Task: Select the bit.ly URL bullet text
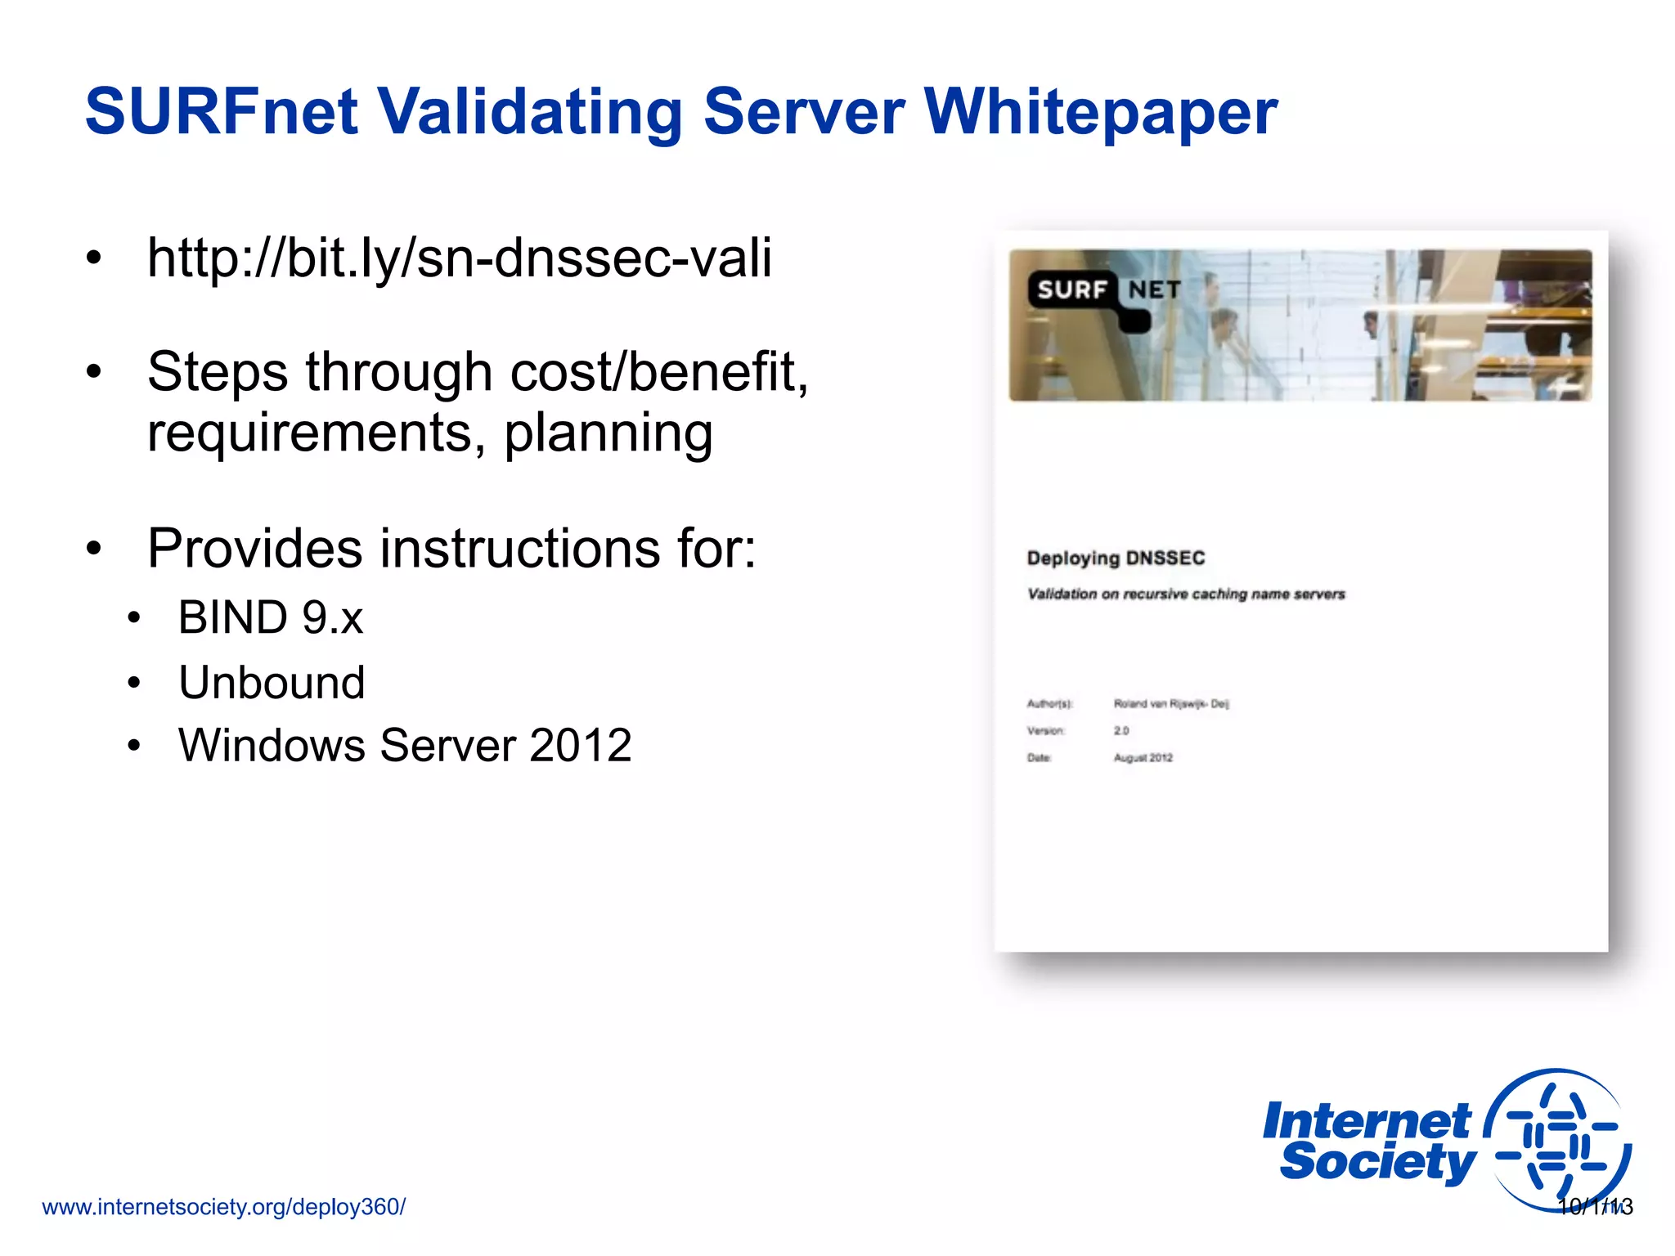tap(459, 258)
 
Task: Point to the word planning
tap(608, 433)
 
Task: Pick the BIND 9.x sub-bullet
tap(271, 617)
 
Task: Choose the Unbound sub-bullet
tap(272, 682)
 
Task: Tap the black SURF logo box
tap(1072, 289)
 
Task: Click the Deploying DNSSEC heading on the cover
tap(1116, 558)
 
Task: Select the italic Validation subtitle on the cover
tap(1186, 594)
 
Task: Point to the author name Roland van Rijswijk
tap(1170, 703)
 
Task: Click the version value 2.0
tap(1121, 730)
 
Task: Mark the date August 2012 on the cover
tap(1143, 758)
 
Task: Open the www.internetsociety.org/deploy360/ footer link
tap(223, 1207)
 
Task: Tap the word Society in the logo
tap(1377, 1163)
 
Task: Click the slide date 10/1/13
tap(1595, 1207)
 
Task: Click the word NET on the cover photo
tap(1155, 289)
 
